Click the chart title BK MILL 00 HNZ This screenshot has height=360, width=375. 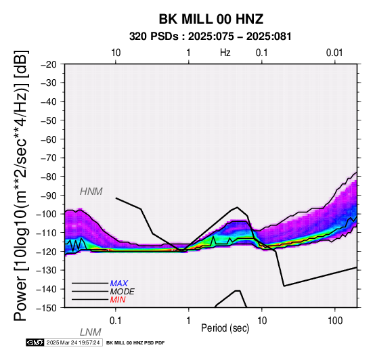click(211, 19)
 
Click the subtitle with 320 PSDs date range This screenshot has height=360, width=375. click(211, 37)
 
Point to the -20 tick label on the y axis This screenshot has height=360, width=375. click(49, 64)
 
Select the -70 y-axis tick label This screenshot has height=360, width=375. click(49, 158)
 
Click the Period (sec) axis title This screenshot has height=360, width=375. click(225, 328)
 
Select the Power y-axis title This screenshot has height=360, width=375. click(20, 185)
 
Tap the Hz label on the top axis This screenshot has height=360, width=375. click(225, 53)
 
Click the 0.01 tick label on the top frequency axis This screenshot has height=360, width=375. click(334, 53)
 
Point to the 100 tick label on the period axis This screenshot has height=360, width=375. click(335, 321)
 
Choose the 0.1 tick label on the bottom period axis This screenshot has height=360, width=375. click(116, 321)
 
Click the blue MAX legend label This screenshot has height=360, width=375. click(119, 284)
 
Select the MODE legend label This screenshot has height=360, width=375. click(123, 292)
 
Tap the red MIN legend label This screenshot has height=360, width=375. click(118, 300)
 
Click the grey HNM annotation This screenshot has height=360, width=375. click(91, 192)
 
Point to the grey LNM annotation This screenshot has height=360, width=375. click(91, 332)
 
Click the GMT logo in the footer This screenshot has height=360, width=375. click(35, 343)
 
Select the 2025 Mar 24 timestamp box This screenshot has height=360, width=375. click(73, 343)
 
